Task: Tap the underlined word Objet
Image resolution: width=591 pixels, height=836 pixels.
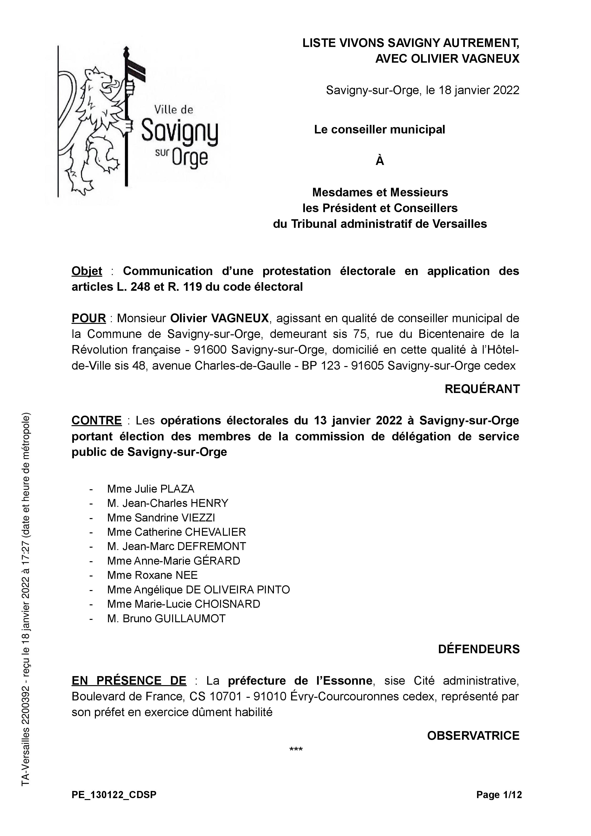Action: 87,271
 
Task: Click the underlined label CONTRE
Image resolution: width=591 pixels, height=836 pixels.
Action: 97,421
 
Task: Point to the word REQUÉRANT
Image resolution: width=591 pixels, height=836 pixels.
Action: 482,389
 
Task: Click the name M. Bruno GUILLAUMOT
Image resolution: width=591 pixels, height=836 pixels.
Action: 166,618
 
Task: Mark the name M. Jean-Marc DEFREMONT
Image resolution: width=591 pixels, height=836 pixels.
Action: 177,546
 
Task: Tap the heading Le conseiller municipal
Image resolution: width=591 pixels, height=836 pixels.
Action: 380,130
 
